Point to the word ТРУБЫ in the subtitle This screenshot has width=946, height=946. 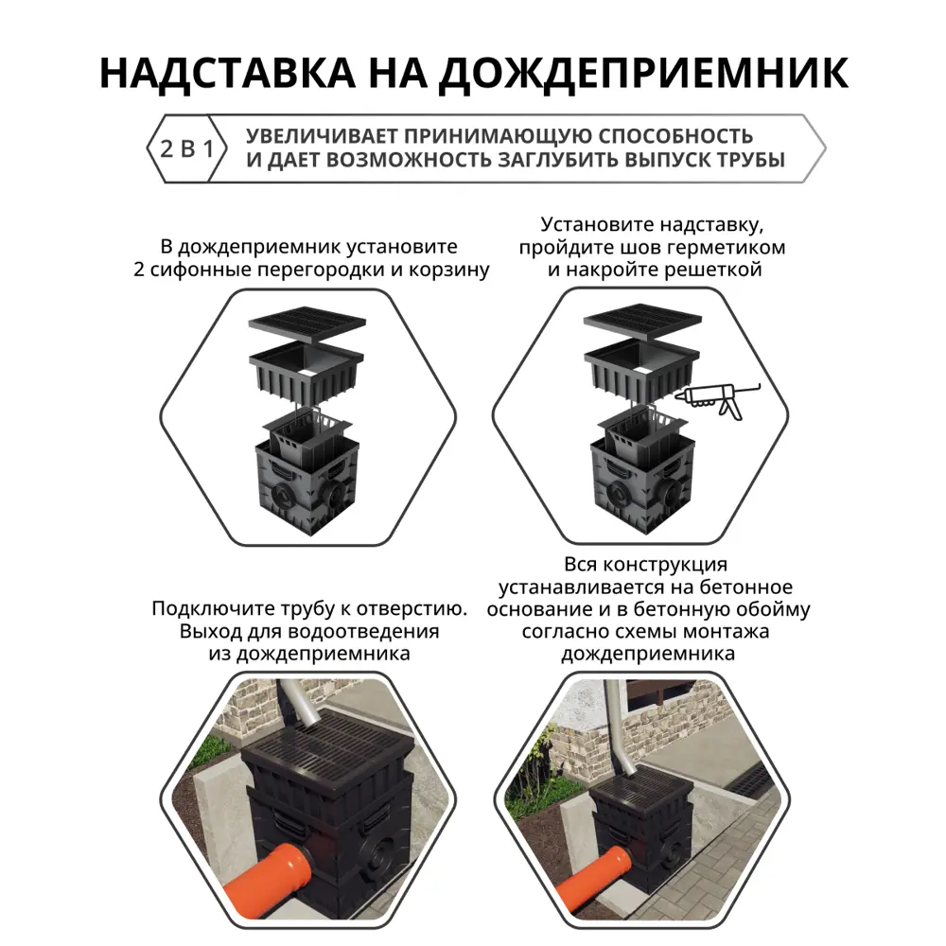(x=750, y=160)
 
